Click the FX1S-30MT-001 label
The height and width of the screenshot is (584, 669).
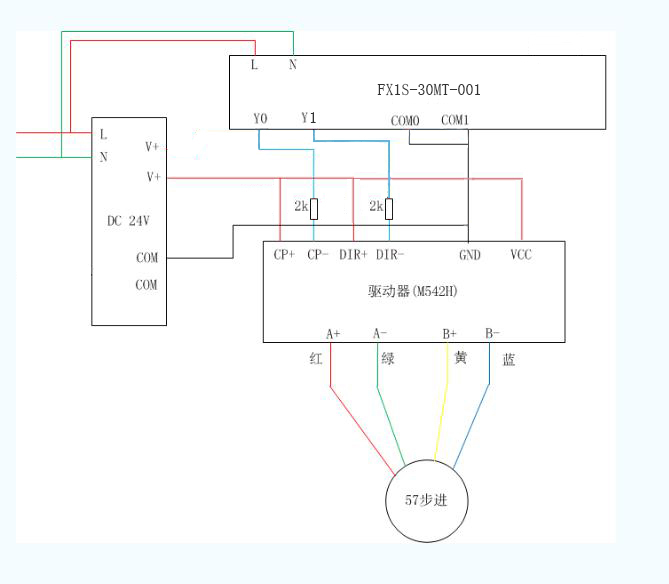coord(428,90)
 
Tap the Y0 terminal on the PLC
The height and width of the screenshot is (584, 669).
coord(260,119)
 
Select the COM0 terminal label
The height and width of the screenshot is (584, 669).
coord(405,121)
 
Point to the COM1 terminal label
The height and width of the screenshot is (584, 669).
coord(455,120)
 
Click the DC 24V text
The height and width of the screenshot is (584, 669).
coord(128,221)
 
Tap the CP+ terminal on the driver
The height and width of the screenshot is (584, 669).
coord(284,255)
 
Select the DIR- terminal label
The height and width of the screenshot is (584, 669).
coord(389,255)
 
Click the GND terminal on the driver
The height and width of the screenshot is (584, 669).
coord(469,255)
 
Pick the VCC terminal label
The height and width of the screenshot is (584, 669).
coord(521,255)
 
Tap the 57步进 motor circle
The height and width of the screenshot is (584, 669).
coord(427,500)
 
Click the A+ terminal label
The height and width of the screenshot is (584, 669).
coord(333,334)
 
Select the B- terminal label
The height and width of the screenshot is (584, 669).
coord(492,333)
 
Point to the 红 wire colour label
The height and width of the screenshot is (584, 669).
coord(316,359)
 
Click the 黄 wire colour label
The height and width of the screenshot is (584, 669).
coord(460,358)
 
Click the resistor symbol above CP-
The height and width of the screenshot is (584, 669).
coord(314,208)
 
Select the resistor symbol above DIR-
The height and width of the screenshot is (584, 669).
coord(389,208)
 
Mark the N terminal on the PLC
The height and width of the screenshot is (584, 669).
coord(293,65)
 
